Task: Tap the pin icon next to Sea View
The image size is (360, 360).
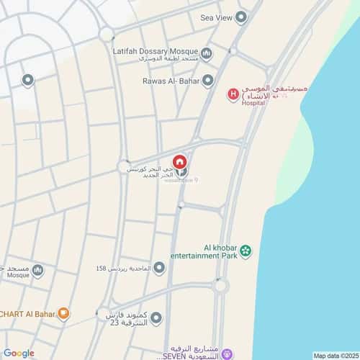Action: coord(240,16)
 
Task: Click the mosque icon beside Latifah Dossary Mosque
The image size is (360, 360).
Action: coord(207,53)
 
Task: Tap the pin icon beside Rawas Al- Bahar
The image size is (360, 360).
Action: coord(207,80)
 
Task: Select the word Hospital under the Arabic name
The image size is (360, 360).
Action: coord(253,103)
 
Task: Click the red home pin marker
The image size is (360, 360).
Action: coord(180,161)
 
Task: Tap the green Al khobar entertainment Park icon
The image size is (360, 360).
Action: coord(246,250)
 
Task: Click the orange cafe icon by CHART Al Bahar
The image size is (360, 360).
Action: coord(63,313)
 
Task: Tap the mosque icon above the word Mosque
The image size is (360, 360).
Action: coord(37,270)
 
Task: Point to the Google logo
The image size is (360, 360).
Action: coord(19,353)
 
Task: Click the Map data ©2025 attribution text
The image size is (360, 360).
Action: coord(336,355)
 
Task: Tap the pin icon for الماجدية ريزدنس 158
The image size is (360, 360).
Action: coord(158,268)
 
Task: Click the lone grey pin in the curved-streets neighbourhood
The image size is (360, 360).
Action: coord(27,79)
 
